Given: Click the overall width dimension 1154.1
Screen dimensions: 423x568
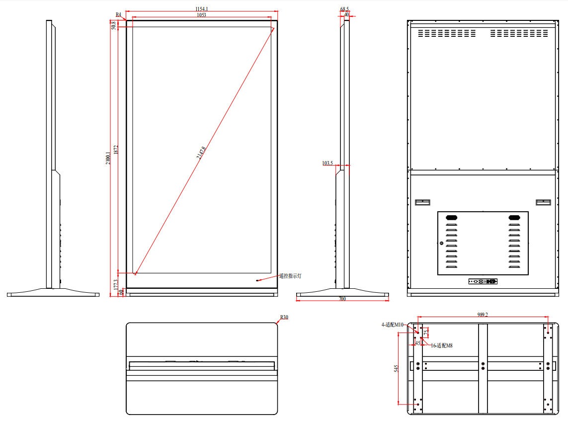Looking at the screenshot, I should [201, 9].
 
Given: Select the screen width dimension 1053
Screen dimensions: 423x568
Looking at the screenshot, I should [201, 15].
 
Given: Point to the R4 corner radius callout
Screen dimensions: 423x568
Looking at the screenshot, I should [118, 15].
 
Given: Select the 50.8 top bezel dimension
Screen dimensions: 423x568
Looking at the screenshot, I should [114, 25].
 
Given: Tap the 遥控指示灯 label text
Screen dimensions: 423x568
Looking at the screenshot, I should [290, 276].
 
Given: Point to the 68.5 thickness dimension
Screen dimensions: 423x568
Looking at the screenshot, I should [345, 9].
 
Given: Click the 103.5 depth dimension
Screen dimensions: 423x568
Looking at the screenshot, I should [327, 163].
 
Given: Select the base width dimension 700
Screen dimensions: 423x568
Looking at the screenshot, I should [342, 299].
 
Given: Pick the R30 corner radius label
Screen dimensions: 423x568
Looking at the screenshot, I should [284, 317].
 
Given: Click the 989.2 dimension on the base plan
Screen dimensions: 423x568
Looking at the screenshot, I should [482, 315].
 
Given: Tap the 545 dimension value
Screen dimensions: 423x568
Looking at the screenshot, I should [396, 368].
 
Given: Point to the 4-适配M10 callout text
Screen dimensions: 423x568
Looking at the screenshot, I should [393, 325].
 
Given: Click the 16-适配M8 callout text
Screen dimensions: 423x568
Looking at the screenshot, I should [441, 345].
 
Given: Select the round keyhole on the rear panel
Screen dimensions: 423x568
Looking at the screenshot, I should [441, 243].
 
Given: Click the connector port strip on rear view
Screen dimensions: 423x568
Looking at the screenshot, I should [483, 281].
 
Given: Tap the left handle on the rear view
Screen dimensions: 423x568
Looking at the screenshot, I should [422, 202].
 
